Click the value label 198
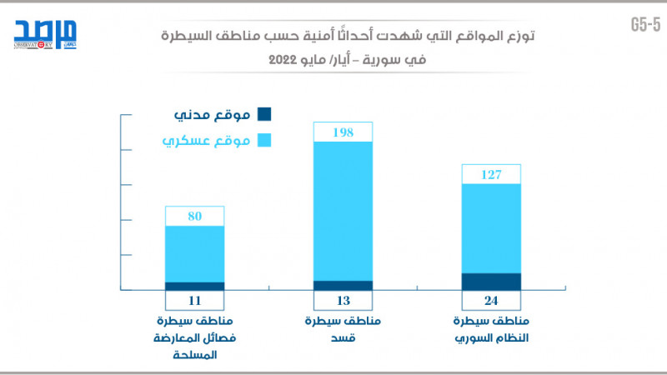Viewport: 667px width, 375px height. click(343, 132)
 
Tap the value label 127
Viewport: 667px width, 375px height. click(491, 174)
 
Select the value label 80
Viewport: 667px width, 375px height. click(194, 217)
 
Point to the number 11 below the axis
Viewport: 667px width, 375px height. click(194, 301)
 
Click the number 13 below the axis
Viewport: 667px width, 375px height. click(343, 301)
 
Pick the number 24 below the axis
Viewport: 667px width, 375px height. click(491, 301)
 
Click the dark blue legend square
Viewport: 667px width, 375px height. click(265, 114)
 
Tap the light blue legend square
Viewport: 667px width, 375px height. click(265, 140)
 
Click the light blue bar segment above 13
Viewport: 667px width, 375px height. click(343, 211)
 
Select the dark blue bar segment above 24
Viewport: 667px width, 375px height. click(491, 282)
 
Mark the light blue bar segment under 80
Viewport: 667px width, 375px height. click(194, 254)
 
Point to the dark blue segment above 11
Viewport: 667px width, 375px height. click(194, 286)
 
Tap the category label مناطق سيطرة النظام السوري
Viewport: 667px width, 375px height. click(491, 329)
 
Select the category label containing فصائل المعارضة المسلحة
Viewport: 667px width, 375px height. click(194, 337)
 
